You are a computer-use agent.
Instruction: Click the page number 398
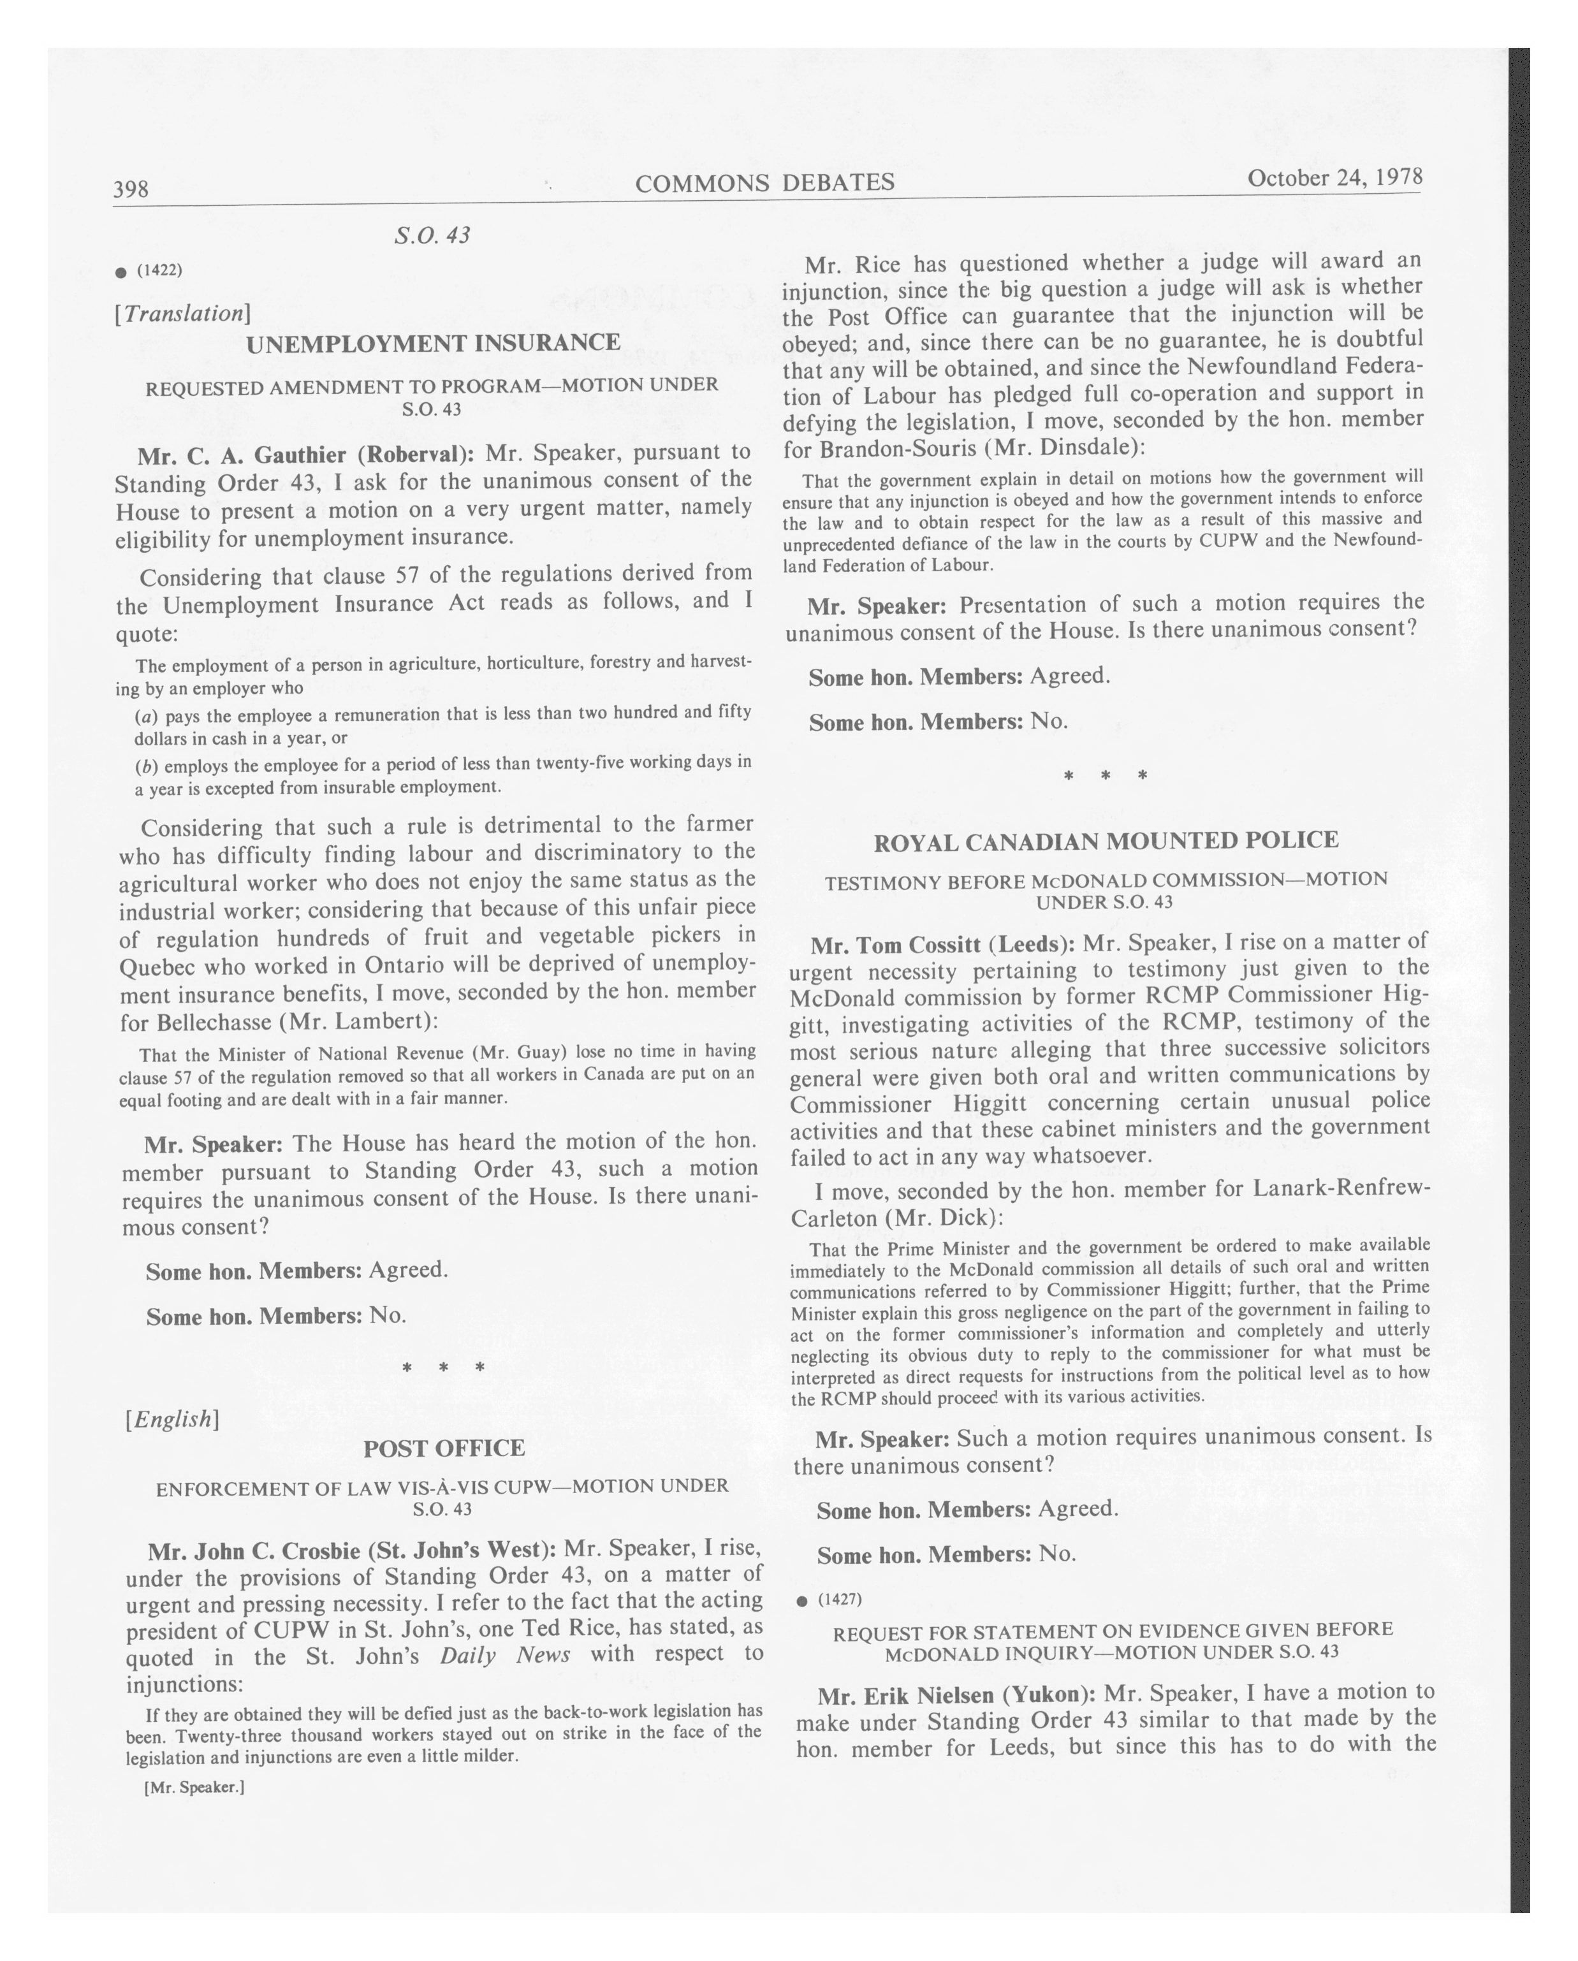[130, 189]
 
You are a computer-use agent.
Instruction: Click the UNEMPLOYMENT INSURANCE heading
[433, 343]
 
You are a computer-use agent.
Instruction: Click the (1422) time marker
[159, 270]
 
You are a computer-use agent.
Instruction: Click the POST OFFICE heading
[444, 1448]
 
